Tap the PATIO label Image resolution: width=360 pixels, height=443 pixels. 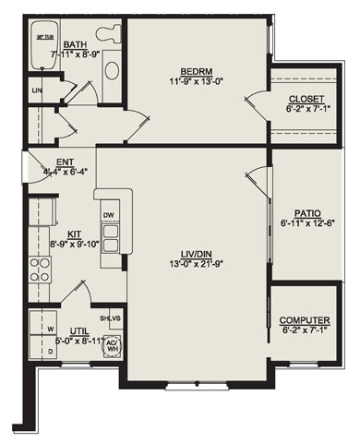(x=307, y=211)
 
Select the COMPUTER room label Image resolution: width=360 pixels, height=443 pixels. (x=305, y=320)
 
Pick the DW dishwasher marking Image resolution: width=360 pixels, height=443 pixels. (x=109, y=215)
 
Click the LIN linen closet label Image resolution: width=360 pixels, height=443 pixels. (x=36, y=90)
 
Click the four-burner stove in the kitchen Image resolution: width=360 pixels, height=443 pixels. (x=40, y=269)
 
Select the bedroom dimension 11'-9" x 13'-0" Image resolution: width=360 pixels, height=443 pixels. (x=198, y=80)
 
